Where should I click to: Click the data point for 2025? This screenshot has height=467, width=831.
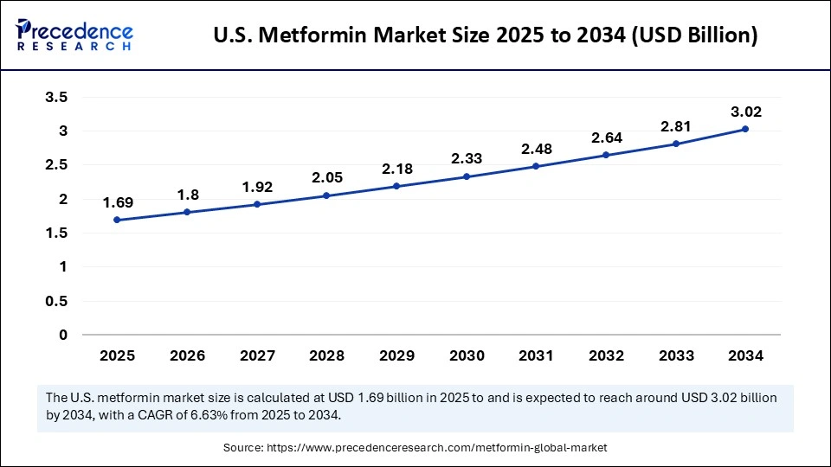tap(117, 220)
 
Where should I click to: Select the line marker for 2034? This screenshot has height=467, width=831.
tap(744, 129)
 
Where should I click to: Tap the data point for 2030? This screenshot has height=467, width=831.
tap(466, 176)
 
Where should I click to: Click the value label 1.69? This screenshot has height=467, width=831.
tap(117, 202)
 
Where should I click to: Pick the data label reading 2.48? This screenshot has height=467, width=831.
tap(536, 149)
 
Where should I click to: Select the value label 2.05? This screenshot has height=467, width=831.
tap(326, 177)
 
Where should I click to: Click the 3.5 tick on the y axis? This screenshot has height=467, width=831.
tap(56, 97)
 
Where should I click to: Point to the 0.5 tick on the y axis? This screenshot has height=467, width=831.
tap(56, 301)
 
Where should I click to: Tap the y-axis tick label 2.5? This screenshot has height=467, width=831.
tap(56, 165)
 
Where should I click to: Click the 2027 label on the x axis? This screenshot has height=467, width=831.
tap(256, 355)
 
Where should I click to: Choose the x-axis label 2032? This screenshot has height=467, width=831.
tap(605, 355)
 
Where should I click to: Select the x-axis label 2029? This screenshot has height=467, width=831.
tap(396, 355)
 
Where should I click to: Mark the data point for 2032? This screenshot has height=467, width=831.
tap(605, 155)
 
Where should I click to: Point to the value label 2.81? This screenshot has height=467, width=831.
tap(675, 126)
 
